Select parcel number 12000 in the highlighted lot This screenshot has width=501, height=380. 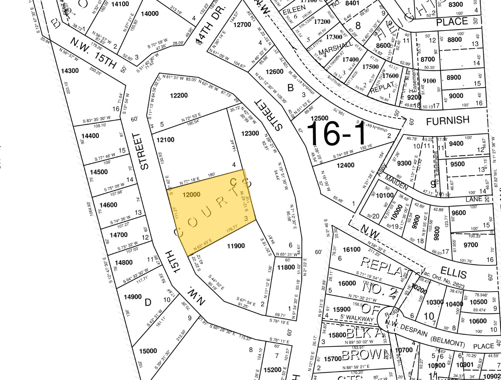click(191, 194)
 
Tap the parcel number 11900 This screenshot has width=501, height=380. click(236, 246)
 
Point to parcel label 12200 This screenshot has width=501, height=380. click(179, 95)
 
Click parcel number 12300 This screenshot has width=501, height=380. click(250, 133)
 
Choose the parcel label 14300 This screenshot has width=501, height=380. click(70, 71)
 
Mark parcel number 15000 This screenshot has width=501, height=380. click(148, 351)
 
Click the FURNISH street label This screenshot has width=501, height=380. click(448, 121)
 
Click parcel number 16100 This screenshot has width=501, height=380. click(352, 249)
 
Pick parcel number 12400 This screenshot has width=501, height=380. click(345, 165)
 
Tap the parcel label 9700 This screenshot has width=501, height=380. click(471, 245)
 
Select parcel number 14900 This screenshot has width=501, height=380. click(133, 297)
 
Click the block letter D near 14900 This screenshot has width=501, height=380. click(148, 303)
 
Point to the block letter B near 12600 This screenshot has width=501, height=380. click(290, 88)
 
